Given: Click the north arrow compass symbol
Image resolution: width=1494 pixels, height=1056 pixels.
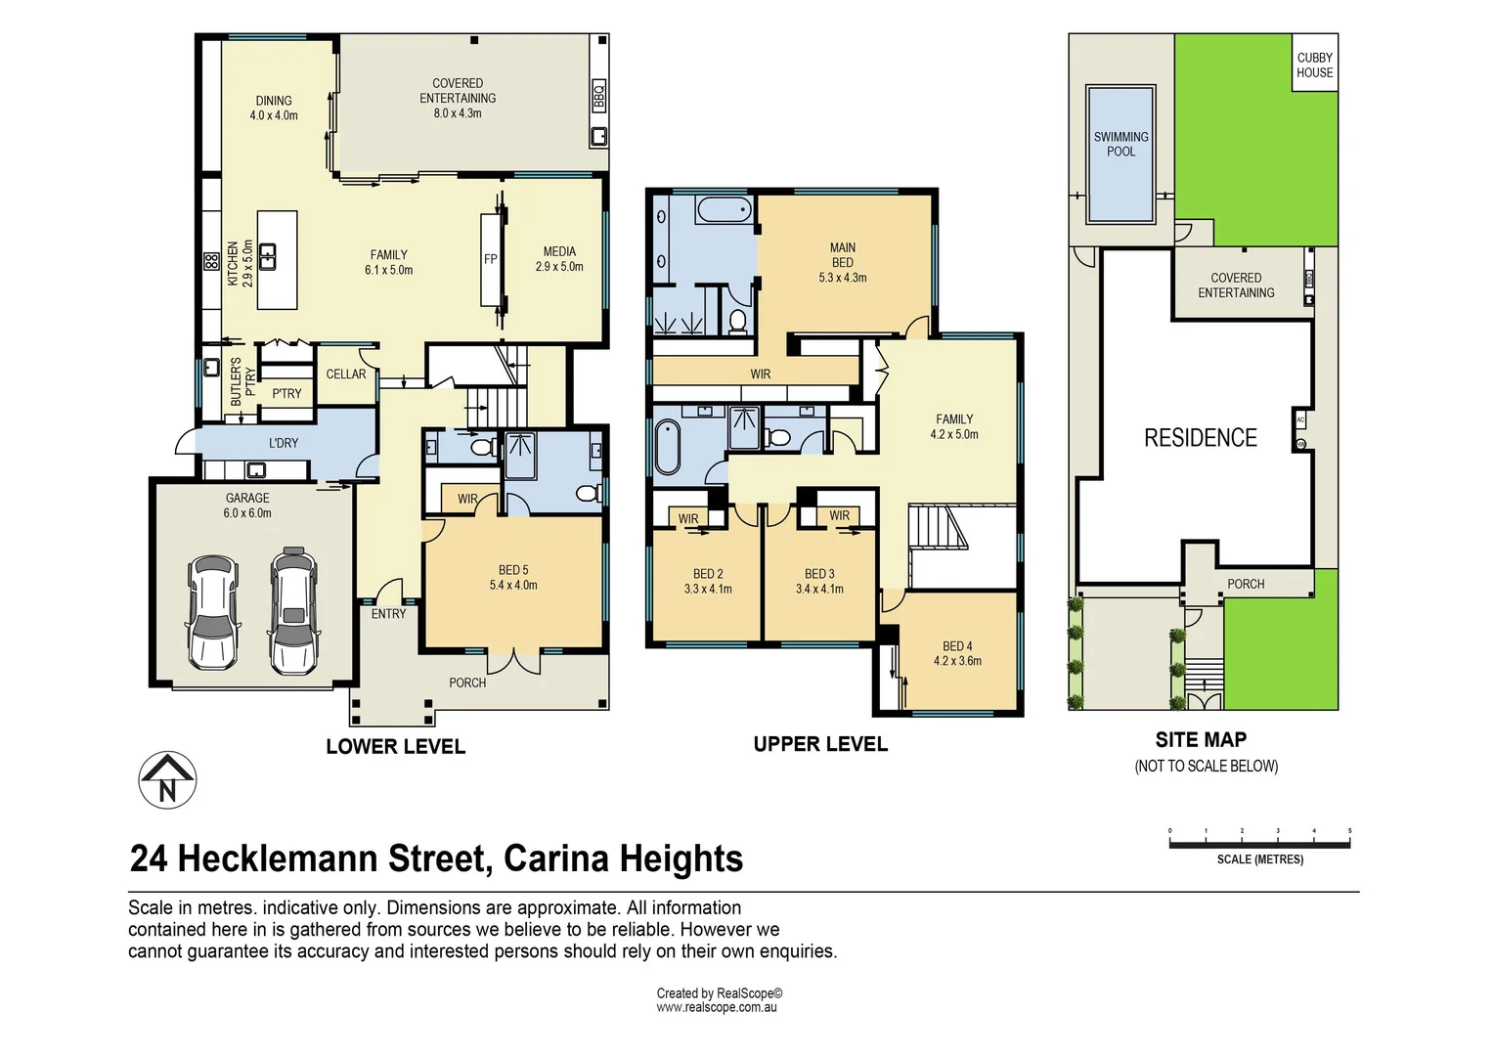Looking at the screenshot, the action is click(167, 780).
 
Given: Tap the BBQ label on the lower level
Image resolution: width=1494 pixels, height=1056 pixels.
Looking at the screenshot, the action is click(598, 96).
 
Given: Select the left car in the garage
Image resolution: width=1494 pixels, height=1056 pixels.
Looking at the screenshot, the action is click(213, 613).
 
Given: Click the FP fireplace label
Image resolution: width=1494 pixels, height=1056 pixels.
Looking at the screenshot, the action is click(490, 259).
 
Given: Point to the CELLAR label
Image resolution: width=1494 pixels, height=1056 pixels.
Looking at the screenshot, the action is click(345, 374).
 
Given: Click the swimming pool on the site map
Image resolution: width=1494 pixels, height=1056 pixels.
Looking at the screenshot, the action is click(1120, 154).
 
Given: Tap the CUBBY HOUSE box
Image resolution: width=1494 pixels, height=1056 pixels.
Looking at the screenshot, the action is click(1315, 63).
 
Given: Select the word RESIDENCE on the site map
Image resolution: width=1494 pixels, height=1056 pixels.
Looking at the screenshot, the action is click(1201, 438).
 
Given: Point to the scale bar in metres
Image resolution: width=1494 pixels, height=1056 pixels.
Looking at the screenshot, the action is click(1260, 843).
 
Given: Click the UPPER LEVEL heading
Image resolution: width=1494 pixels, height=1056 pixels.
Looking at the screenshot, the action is click(820, 744).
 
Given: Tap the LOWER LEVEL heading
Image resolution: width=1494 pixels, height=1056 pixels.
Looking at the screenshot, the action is click(396, 746).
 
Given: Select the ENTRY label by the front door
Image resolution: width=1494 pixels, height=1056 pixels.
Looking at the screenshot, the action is click(388, 614).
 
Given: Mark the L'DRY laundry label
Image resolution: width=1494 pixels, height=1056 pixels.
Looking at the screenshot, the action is click(284, 443).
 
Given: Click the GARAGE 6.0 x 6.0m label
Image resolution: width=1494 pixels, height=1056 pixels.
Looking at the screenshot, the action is click(247, 506).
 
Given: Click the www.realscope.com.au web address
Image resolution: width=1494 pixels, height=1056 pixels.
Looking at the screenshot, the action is click(717, 1007).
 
